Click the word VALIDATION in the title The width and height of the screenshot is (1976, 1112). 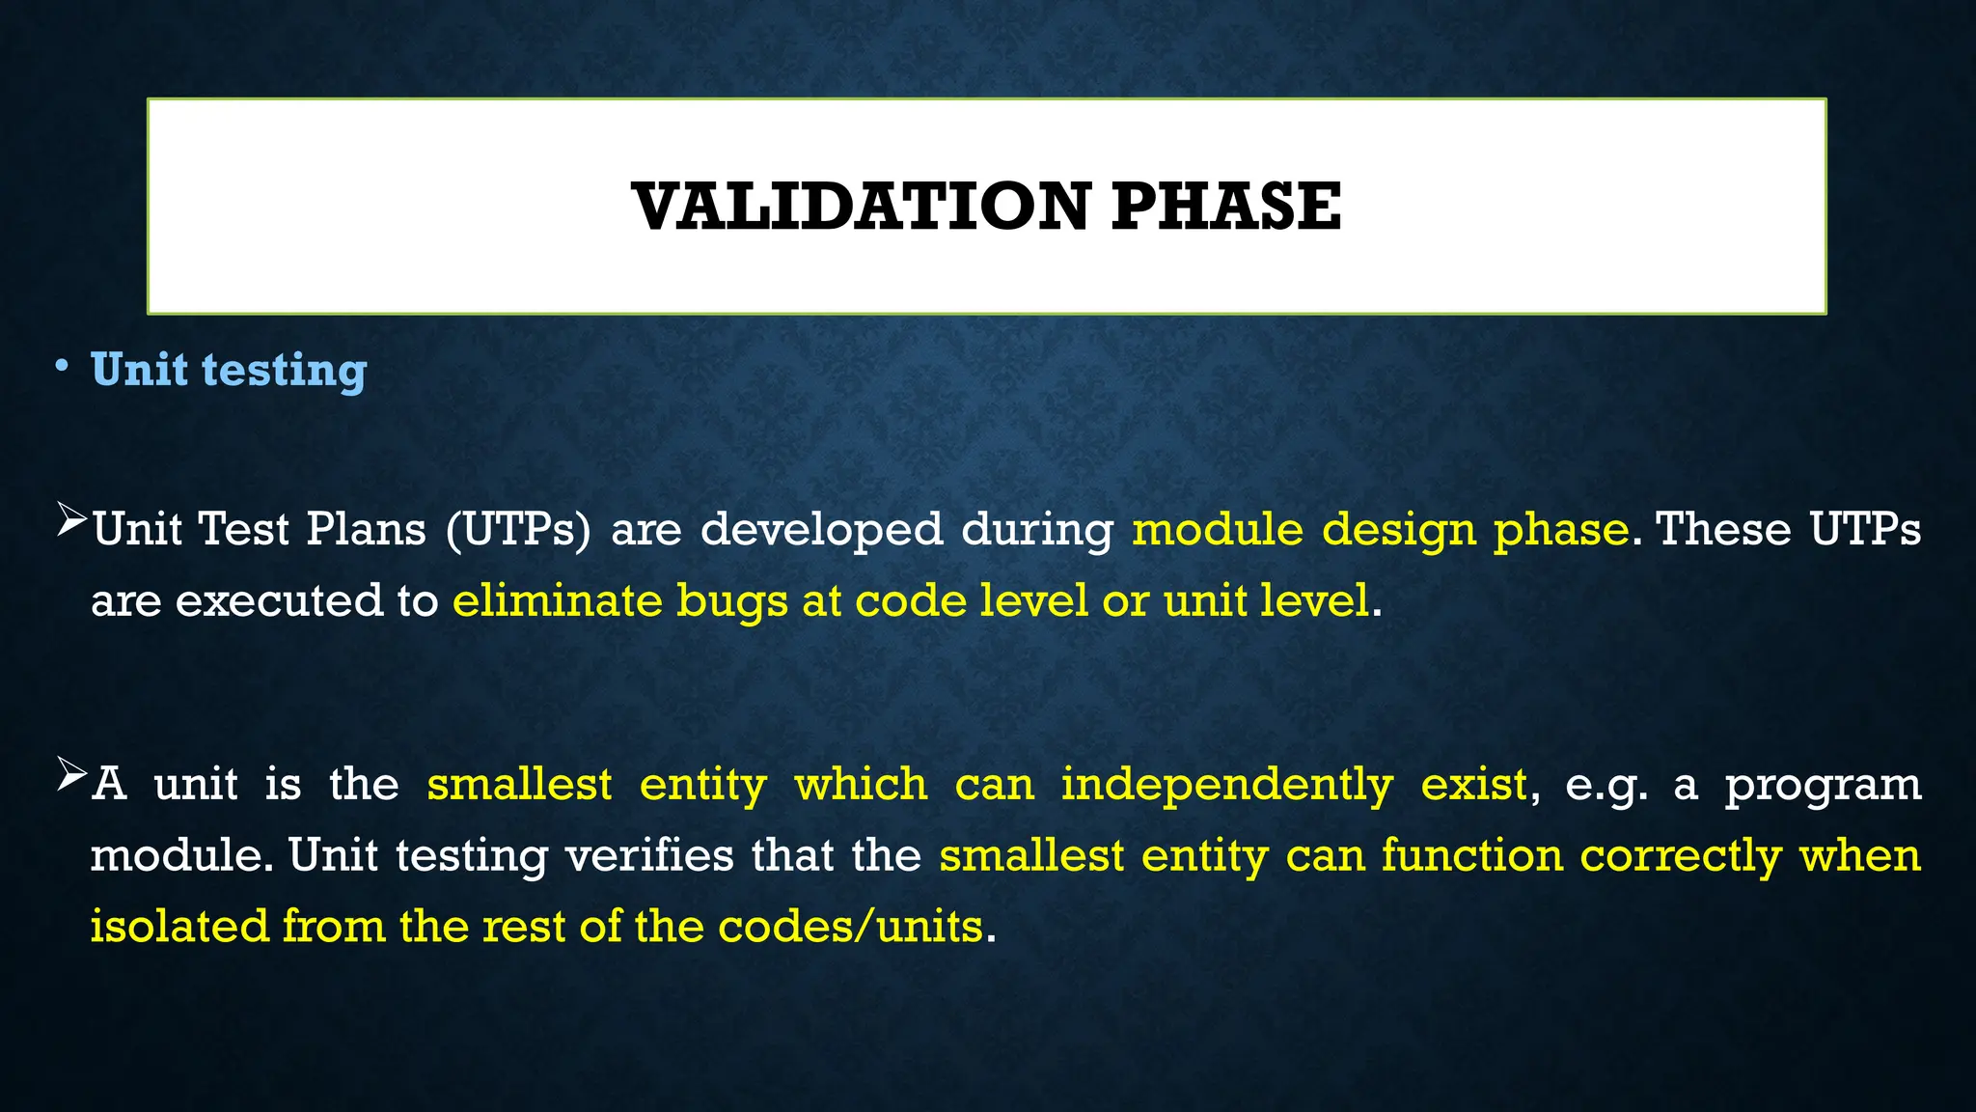coord(861,207)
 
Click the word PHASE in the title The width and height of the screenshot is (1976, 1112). coord(1225,207)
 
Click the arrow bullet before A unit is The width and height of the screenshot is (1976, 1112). coord(71,774)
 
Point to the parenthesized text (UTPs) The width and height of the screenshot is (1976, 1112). coord(518,530)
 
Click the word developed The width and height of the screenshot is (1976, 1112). coord(821,530)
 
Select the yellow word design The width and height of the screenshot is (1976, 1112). coord(1398,530)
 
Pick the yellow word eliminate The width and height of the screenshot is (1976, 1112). coord(557,600)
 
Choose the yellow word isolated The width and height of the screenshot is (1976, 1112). coord(179,926)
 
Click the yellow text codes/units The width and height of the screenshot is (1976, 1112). coord(850,927)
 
